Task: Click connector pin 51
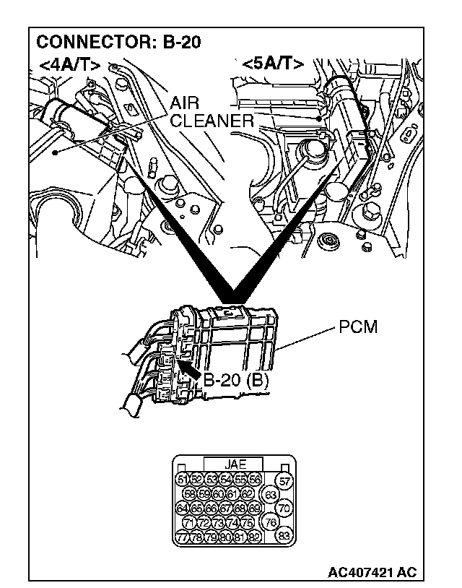tap(182, 480)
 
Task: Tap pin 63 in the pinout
tap(271, 495)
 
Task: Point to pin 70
tap(284, 509)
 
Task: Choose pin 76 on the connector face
tap(271, 522)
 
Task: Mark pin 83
tap(284, 536)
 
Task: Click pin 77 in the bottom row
tap(182, 537)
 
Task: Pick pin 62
tap(247, 494)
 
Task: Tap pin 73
tap(218, 522)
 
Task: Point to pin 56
tap(254, 480)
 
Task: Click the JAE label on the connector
tap(234, 464)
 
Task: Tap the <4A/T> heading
tap(69, 64)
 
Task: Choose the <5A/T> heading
tap(273, 64)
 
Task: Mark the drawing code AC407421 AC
tap(372, 572)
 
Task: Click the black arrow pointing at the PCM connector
tap(189, 370)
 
